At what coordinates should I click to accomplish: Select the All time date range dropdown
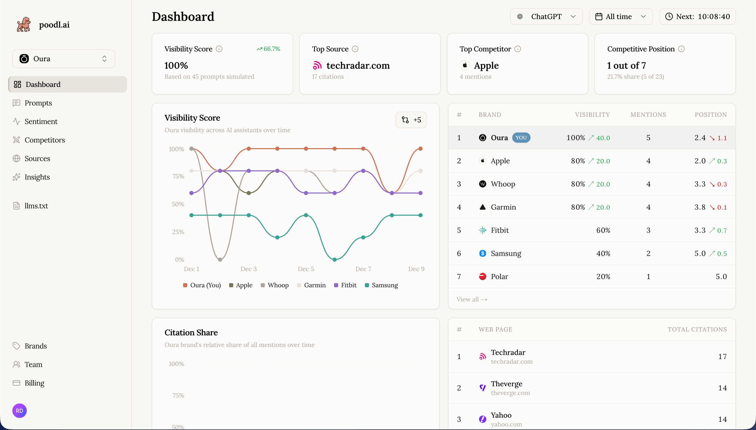coord(620,16)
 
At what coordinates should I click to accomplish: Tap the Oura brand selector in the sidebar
coord(64,59)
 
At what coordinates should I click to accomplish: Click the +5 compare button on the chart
coord(411,120)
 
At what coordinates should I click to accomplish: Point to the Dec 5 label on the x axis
coord(305,269)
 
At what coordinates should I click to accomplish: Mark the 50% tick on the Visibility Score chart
coord(178,204)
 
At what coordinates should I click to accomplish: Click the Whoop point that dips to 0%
coord(220,259)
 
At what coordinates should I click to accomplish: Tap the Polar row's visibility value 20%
coord(603,276)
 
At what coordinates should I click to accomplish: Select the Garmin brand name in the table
coord(503,207)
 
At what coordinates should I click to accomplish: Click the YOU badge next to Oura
coord(521,138)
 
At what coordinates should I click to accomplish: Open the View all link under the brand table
coord(471,299)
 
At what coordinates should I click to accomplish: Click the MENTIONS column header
coord(648,115)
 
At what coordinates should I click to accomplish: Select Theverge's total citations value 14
coord(722,388)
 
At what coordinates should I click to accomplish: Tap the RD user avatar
coord(20,410)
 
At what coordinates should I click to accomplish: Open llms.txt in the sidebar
coord(36,206)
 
